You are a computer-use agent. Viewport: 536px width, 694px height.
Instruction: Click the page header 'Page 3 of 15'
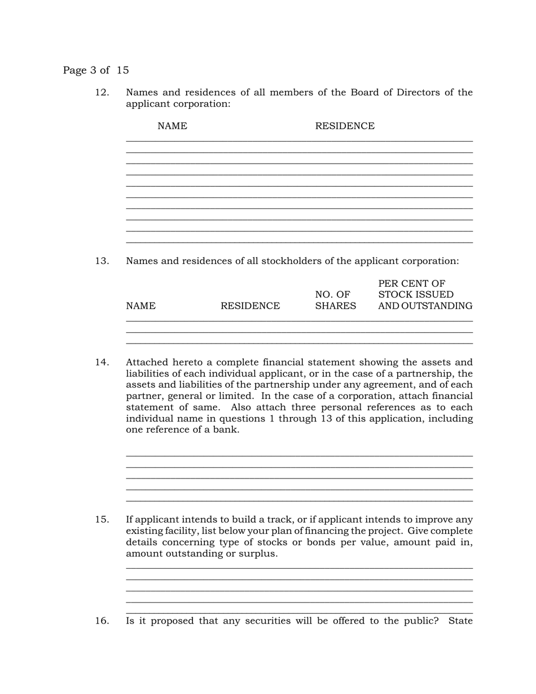tap(96, 71)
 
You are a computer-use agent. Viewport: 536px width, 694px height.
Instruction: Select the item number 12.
tap(102, 93)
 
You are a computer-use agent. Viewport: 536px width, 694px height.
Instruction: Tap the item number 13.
tap(102, 261)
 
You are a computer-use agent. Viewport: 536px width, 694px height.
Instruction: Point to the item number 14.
tap(102, 362)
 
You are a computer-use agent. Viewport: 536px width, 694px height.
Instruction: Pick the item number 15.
tap(102, 520)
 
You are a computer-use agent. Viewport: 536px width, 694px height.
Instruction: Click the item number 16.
tap(102, 621)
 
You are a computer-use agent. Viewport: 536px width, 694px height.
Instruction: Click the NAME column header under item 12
tap(172, 126)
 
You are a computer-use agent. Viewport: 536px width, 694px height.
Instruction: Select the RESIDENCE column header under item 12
tap(344, 126)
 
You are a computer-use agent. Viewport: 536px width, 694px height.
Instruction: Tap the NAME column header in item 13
tap(140, 306)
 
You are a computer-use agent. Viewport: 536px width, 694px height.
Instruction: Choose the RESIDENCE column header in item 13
tap(250, 306)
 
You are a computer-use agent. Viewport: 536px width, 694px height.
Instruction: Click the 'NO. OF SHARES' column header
tap(335, 301)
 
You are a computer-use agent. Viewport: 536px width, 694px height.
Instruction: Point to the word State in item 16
tap(460, 621)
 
